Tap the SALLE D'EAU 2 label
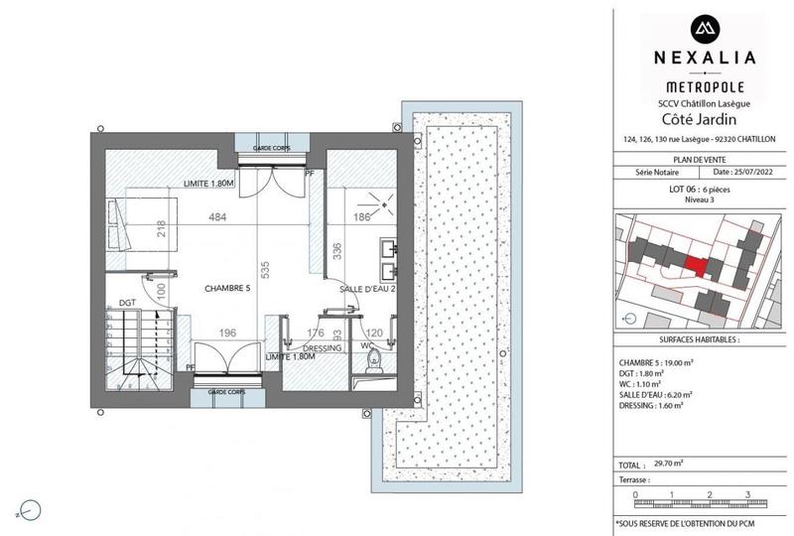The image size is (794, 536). (368, 288)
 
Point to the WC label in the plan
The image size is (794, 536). (367, 346)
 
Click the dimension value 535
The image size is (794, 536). (264, 268)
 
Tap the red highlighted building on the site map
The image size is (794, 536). (698, 265)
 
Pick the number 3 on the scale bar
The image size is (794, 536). (745, 492)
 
